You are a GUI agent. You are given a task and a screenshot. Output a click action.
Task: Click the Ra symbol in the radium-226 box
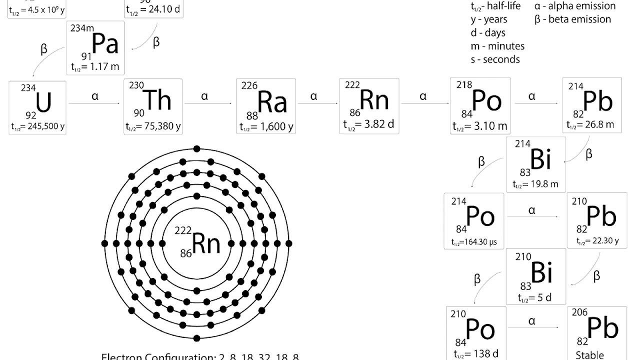coord(272,102)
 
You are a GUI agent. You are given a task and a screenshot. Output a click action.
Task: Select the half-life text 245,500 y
coord(38,126)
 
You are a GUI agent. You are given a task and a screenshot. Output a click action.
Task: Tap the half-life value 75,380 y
coord(153,126)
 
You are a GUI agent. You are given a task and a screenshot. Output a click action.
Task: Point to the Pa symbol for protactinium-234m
coord(105,44)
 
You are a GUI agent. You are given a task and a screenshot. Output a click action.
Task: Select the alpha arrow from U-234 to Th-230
coord(94,103)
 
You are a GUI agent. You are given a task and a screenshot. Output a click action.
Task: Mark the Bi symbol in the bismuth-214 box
coord(540,160)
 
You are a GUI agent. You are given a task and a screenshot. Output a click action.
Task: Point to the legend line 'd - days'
coord(488,33)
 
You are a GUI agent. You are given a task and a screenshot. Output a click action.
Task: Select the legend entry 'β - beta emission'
coord(572,19)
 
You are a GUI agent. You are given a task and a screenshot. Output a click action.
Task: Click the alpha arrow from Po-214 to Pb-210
coord(532,216)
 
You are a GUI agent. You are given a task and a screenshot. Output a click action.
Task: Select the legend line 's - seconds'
coord(495,59)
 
